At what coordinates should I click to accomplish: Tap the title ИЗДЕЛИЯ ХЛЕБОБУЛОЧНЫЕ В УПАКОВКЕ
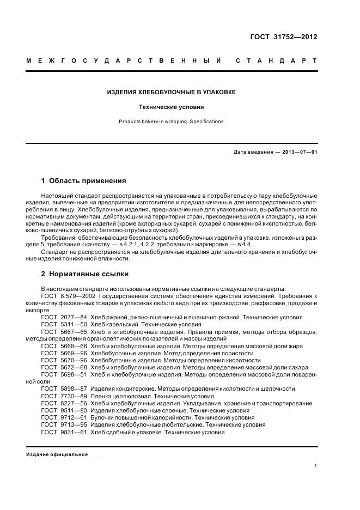coord(171,92)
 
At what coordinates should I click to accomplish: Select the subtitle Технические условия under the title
coord(171,107)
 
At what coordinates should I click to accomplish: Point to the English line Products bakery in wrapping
coord(171,122)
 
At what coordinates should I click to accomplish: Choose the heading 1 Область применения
coord(83,180)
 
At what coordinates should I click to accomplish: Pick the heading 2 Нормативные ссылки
coord(85,274)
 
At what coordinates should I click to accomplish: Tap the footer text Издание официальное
coord(57,454)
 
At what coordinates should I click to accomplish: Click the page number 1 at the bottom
coord(315,466)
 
